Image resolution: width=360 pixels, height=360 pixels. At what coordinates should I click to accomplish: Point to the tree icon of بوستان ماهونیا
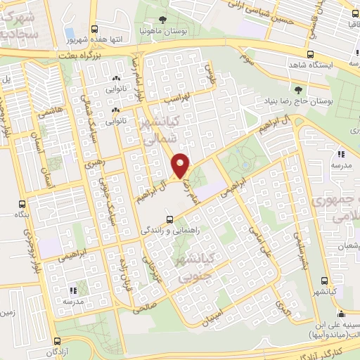coord(164,20)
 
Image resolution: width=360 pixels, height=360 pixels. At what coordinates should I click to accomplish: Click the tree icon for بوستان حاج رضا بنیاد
coord(299,89)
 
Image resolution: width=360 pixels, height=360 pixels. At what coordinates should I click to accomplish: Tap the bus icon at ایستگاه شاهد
coord(311,53)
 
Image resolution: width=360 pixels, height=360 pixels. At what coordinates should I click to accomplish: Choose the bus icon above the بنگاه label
coord(21,205)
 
